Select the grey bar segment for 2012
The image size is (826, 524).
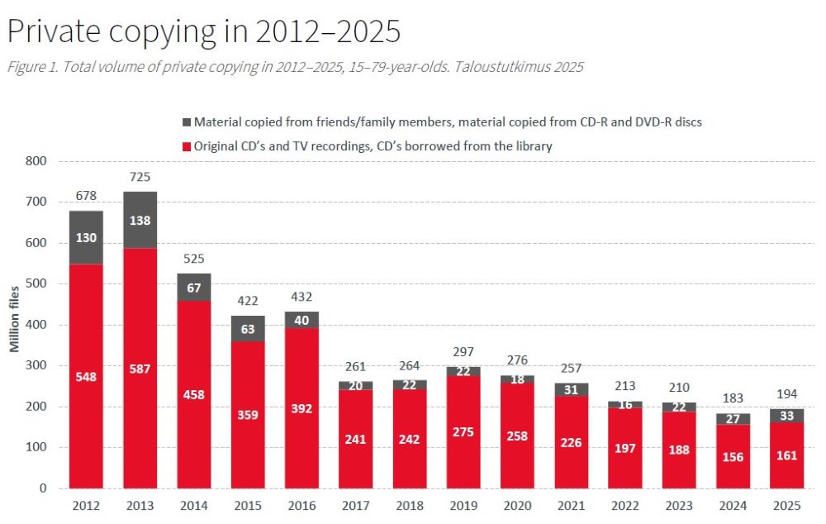(x=86, y=237)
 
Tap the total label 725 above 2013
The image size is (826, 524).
(x=140, y=178)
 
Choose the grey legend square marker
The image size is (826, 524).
(x=187, y=122)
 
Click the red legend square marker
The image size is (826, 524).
(x=187, y=146)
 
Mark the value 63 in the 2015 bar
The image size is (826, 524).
(x=248, y=329)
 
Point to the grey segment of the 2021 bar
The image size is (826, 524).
(x=572, y=389)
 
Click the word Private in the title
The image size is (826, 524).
(x=55, y=32)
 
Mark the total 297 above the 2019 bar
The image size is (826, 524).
(x=463, y=353)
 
